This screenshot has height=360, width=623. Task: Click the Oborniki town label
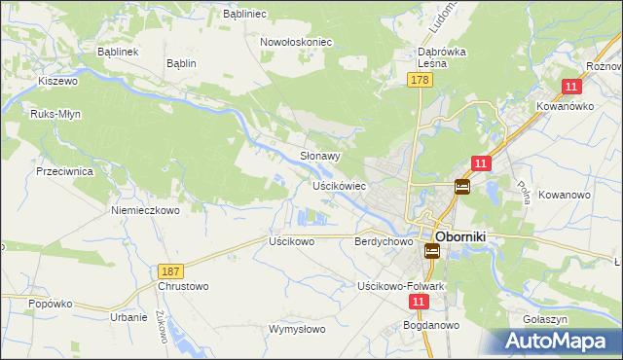(466, 235)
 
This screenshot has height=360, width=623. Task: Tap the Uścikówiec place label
(338, 185)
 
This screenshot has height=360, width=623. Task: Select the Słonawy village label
(319, 156)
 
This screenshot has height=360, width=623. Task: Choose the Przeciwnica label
(63, 170)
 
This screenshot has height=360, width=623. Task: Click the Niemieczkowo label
(146, 210)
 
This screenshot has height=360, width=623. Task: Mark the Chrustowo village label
(183, 287)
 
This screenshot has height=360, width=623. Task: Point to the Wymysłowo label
(297, 329)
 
